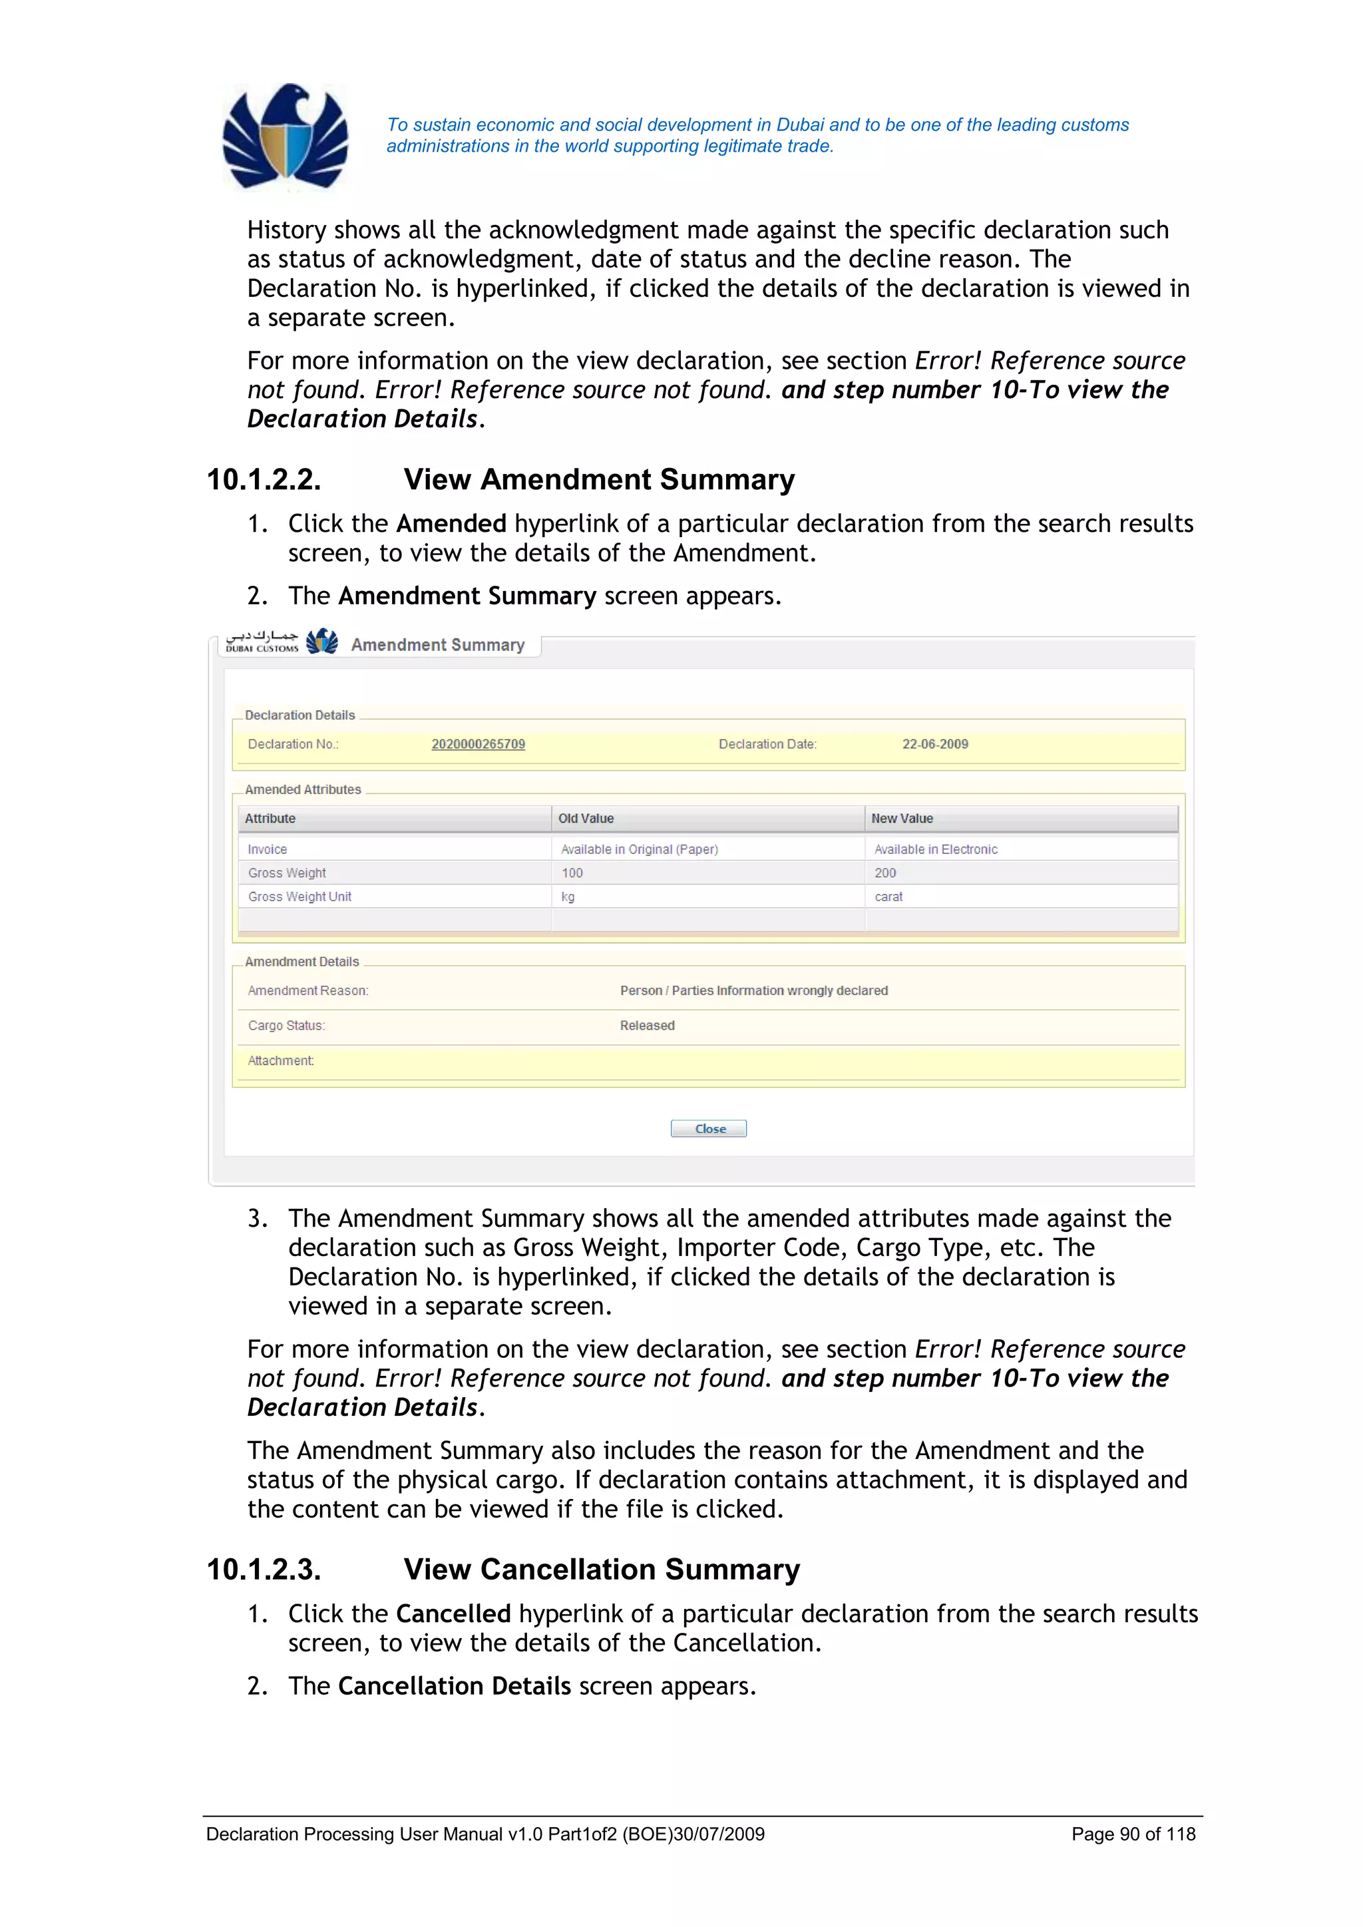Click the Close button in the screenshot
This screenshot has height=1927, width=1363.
709,1129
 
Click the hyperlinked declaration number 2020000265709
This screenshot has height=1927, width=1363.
478,744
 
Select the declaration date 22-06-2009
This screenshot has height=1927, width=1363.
935,744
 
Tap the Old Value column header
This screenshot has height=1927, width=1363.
586,818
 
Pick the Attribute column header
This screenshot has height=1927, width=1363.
270,818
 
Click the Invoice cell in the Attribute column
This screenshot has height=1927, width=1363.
268,849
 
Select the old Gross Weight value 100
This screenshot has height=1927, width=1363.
572,873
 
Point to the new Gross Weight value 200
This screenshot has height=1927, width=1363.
884,873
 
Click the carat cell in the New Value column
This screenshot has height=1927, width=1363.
888,897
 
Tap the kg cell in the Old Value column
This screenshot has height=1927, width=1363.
568,897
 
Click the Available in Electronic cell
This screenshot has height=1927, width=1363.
936,849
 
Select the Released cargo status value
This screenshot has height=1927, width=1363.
647,1026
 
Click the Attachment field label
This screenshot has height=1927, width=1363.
281,1061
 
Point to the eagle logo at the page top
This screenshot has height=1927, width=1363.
286,137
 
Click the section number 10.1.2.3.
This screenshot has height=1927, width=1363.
264,1570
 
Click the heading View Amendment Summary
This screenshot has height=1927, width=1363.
598,479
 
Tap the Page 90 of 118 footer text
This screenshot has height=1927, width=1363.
1133,1834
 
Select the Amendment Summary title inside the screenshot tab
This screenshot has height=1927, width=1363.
437,644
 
